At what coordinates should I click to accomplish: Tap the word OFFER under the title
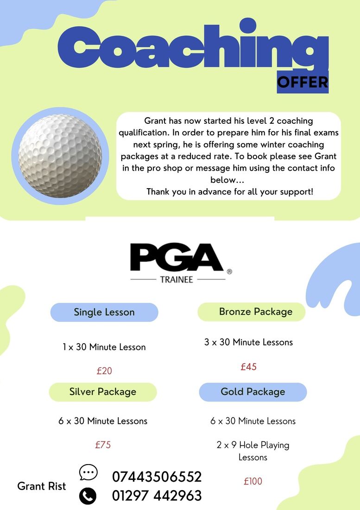pos(303,82)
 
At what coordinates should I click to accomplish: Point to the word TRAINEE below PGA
pos(177,280)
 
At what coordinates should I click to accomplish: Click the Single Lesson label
pos(104,312)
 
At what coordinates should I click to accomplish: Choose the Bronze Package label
pos(256,312)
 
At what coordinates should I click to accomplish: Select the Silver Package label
pos(103,392)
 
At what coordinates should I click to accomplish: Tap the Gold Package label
pos(253,392)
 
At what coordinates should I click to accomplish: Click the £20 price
pos(104,371)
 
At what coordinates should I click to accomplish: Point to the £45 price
pos(248,367)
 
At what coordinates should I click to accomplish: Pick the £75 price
pos(103,445)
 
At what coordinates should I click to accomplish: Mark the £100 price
pos(253,481)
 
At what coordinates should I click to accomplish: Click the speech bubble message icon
pos(88,472)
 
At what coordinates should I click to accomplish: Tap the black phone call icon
pos(88,496)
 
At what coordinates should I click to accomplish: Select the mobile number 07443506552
pos(157,477)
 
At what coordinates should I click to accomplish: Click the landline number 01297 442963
pos(157,496)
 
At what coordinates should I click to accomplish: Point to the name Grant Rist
pos(42,486)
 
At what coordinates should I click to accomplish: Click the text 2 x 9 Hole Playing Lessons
pos(253,451)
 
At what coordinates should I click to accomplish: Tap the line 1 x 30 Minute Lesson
pos(104,347)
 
